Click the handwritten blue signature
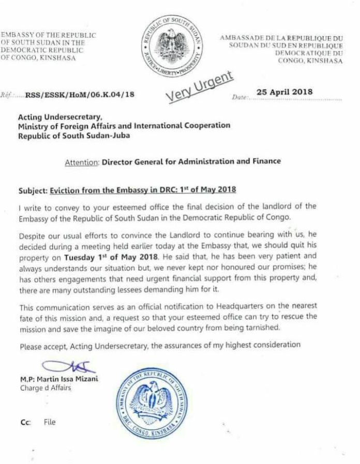[x=60, y=368]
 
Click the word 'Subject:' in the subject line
[x=33, y=190]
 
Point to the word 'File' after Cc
[x=49, y=422]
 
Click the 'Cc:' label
[x=25, y=422]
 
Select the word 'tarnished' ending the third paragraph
[x=252, y=328]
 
